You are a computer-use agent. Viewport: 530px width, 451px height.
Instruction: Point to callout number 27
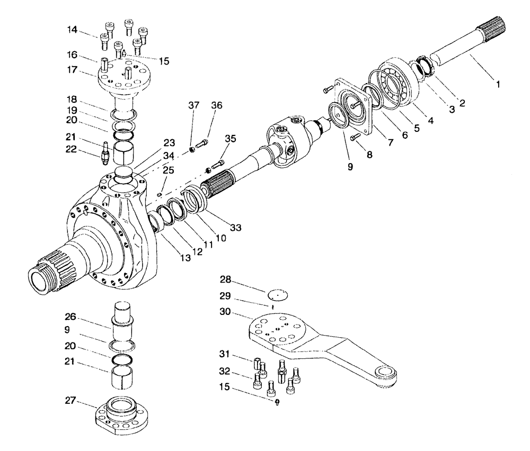click(71, 403)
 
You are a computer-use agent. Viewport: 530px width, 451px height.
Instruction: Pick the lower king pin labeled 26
click(123, 318)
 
